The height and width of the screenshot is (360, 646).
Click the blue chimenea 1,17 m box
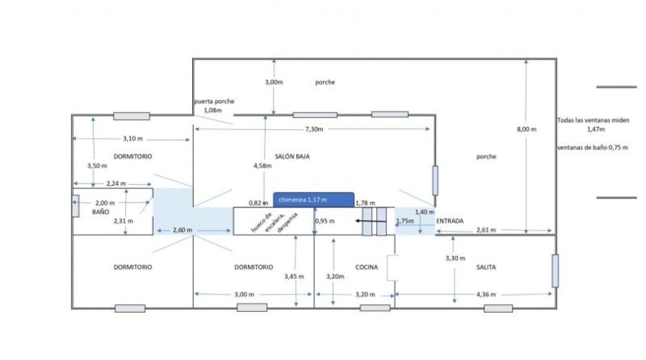pos(313,200)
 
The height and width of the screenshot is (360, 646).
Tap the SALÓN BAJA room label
pos(292,156)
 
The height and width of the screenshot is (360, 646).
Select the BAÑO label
pos(101,212)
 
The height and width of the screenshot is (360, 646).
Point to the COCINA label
pos(366,268)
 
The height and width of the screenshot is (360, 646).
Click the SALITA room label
pos(486,268)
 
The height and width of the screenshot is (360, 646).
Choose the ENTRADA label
pos(450,221)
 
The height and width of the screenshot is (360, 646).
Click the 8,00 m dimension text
pos(527,129)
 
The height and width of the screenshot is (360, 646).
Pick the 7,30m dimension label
pos(314,129)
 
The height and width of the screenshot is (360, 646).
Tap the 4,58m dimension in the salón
pos(262,166)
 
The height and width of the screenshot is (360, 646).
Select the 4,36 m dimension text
pos(487,295)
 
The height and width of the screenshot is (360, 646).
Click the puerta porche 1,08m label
pos(213,106)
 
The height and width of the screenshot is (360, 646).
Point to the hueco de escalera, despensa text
pos(274,222)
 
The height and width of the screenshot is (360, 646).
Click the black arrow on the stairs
pos(370,221)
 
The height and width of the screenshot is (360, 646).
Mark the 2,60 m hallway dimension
pos(182,230)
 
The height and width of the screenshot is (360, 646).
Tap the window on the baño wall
pos(75,206)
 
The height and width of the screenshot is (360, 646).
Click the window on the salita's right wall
pos(555,271)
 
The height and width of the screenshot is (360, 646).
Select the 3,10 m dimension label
pos(132,138)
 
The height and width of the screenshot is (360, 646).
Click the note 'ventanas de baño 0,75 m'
pos(593,147)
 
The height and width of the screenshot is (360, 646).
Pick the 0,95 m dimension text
pos(325,221)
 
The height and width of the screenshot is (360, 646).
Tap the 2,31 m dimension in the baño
pos(123,221)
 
